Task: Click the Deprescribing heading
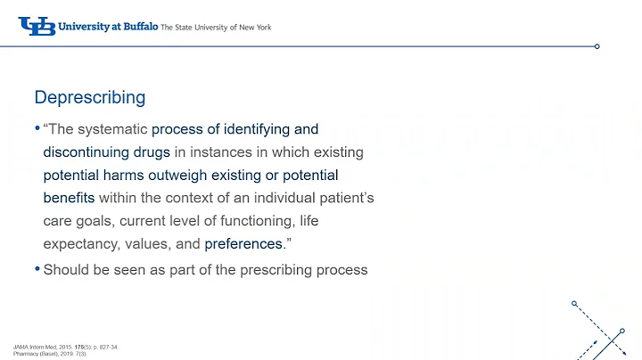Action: [x=89, y=96]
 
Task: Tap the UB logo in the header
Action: [x=36, y=27]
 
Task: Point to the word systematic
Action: [x=118, y=129]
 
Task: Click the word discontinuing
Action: [x=87, y=151]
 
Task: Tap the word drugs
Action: [x=152, y=151]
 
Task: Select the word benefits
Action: [x=69, y=197]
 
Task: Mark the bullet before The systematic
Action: [x=37, y=129]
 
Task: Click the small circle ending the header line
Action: [x=597, y=46]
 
